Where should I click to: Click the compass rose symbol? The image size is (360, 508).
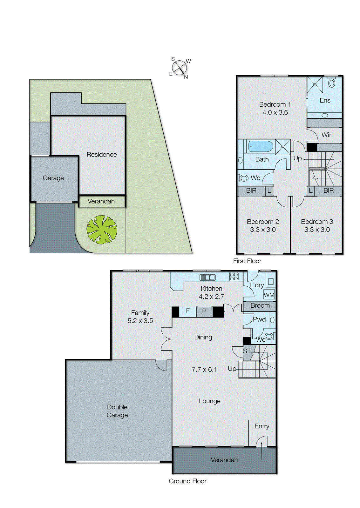(180, 68)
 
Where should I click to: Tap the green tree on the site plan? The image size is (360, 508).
(102, 230)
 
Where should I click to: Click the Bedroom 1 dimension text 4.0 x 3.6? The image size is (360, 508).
(275, 112)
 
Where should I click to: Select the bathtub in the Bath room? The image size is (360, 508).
(261, 147)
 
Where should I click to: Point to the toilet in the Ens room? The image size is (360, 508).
(332, 83)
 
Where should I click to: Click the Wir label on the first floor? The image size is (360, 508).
(326, 135)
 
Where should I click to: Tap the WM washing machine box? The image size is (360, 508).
(269, 295)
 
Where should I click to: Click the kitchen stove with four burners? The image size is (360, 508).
(234, 277)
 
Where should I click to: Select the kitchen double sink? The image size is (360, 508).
(208, 277)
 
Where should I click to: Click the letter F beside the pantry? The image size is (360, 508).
(188, 311)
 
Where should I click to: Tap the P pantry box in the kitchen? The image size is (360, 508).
(204, 311)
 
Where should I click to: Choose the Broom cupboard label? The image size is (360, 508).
(260, 305)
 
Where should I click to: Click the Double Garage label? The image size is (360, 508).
(117, 411)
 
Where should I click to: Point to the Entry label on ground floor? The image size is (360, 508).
(262, 426)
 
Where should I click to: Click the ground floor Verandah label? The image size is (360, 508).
(224, 460)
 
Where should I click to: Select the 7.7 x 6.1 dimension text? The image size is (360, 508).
(204, 370)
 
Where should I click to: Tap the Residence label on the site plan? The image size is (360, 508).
(102, 155)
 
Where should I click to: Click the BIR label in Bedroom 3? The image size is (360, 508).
(329, 190)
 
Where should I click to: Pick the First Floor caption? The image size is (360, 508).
(247, 261)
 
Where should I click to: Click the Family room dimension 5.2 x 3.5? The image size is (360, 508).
(140, 321)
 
